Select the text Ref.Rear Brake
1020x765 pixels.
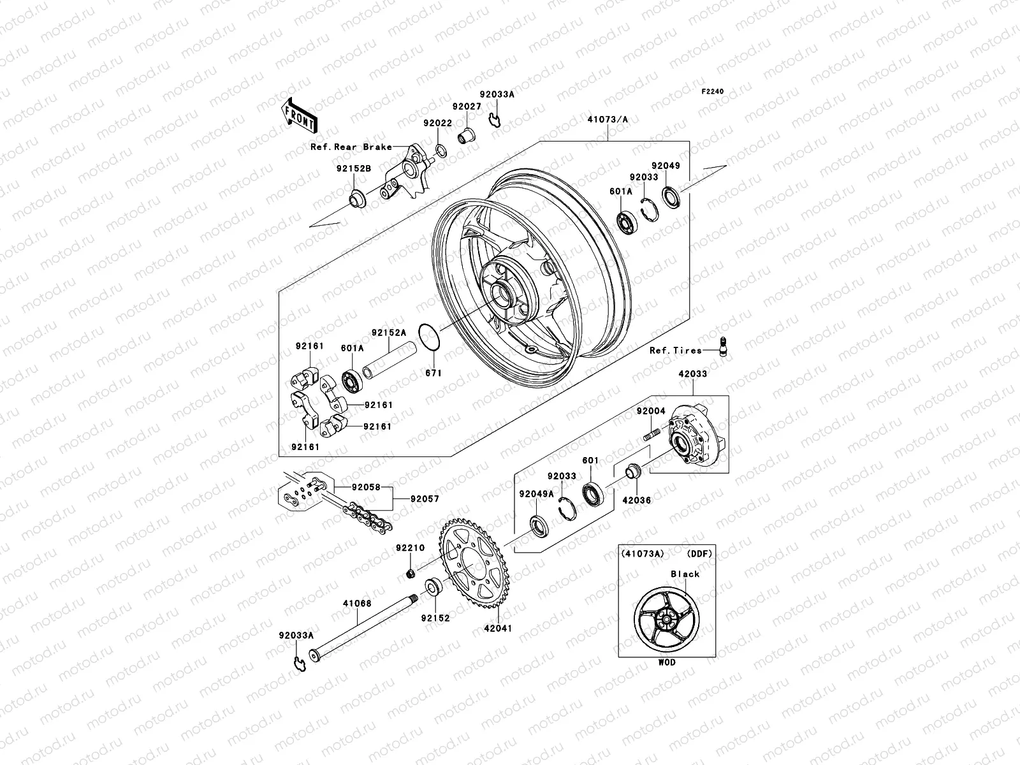point(351,147)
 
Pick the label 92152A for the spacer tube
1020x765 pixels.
point(389,332)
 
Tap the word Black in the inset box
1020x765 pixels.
point(685,574)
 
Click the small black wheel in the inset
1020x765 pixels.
point(666,618)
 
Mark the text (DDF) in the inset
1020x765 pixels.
point(699,553)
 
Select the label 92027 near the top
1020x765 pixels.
point(467,106)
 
